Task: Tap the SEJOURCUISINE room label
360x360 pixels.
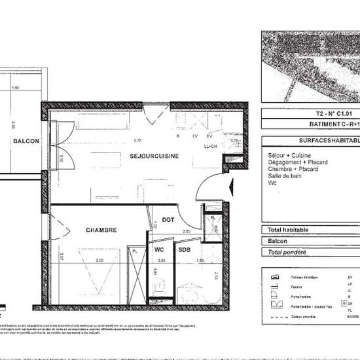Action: click(x=154, y=156)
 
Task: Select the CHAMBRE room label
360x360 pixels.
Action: click(x=101, y=230)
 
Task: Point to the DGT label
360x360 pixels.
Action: click(x=168, y=220)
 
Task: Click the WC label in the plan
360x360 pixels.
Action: click(x=159, y=249)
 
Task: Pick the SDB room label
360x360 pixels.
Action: click(x=184, y=249)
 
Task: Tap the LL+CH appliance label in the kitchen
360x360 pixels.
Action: click(x=211, y=147)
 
